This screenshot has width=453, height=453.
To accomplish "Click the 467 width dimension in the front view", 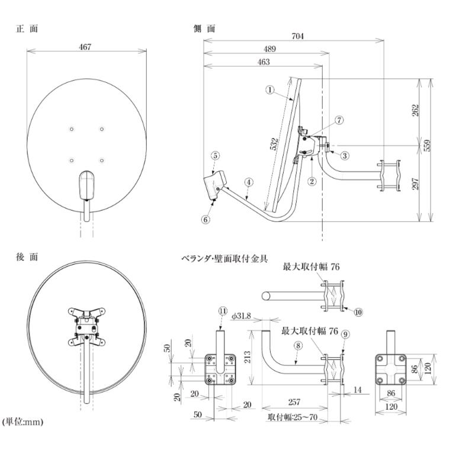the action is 85,47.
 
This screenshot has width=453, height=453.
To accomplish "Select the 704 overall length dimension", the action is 298,36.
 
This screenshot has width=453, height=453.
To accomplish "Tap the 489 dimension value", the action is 269,49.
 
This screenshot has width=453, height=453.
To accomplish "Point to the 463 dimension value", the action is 264,62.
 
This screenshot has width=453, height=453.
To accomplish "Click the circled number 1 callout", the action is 270,90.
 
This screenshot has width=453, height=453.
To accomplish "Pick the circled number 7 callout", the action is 339,120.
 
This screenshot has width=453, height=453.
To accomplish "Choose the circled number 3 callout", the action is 345,156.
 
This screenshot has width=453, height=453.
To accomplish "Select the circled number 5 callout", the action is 215,156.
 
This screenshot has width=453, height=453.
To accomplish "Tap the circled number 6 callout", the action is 205,220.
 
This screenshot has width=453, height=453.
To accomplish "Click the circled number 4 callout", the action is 249,182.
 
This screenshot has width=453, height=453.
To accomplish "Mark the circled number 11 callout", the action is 223,311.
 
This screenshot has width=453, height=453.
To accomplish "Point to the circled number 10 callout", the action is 358,312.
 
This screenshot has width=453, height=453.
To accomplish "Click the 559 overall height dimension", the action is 428,145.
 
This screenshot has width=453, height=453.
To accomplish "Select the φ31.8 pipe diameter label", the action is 241,316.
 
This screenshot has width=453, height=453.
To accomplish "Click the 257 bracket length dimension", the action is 294,402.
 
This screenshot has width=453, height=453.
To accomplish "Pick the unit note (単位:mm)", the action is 23,422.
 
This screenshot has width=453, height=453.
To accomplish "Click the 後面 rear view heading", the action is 27,257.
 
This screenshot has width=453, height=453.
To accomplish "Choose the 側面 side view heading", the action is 204,28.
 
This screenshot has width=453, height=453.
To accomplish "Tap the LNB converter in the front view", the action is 87,185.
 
